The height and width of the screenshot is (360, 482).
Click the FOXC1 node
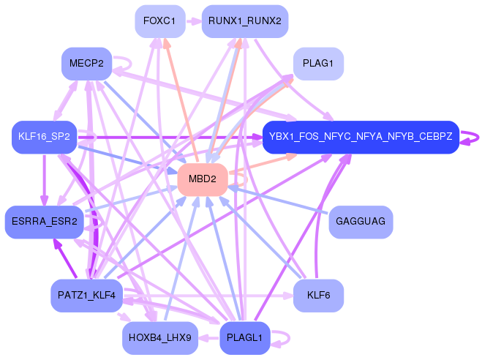click(159, 21)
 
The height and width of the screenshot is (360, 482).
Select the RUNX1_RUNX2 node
click(244, 21)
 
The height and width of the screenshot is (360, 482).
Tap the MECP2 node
click(86, 64)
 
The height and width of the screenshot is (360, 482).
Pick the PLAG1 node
click(318, 64)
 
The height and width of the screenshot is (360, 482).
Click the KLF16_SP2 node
click(44, 137)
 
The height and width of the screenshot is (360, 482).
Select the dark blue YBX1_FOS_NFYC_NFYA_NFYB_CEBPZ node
click(360, 137)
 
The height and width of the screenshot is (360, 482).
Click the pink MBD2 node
click(202, 179)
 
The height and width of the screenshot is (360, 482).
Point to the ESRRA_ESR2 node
click(44, 222)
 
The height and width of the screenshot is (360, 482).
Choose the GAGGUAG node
click(360, 222)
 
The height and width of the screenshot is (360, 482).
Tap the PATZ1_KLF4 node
click(86, 295)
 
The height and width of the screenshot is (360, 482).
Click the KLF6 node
click(318, 295)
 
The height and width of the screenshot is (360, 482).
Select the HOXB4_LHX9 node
click(159, 337)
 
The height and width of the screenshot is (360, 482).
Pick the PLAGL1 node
click(244, 337)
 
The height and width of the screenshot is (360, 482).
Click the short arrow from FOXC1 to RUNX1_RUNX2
click(192, 21)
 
